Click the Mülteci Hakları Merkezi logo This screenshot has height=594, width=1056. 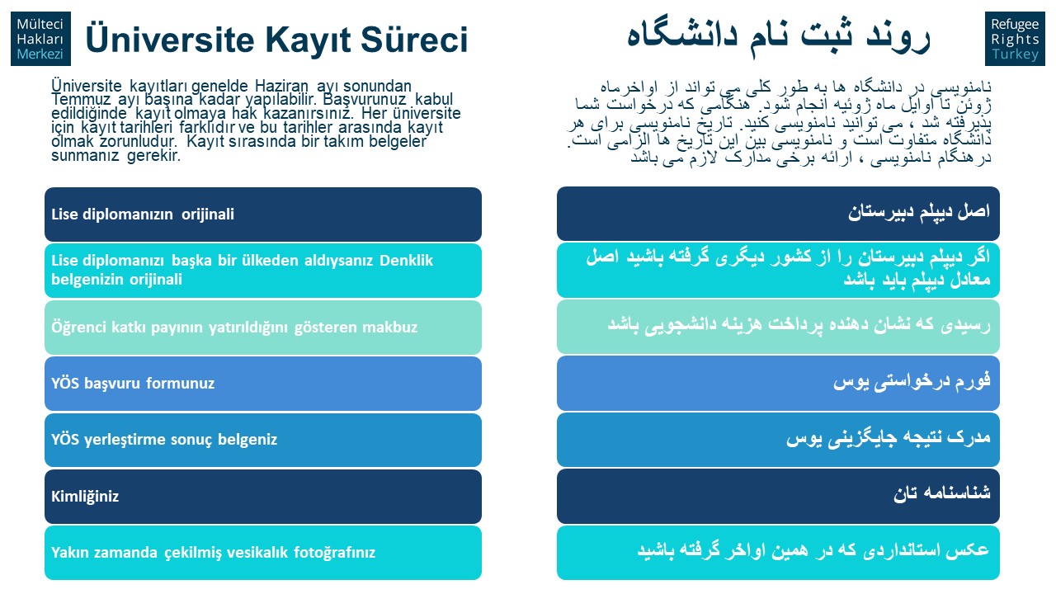[x=41, y=39]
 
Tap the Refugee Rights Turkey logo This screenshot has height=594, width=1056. [x=1015, y=39]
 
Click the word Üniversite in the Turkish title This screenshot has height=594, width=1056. [x=170, y=39]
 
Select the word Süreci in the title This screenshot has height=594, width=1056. [x=414, y=39]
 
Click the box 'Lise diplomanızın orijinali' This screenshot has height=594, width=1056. [x=263, y=214]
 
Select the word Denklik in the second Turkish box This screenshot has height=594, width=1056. [x=406, y=260]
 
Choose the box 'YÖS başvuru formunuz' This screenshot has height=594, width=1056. [x=263, y=384]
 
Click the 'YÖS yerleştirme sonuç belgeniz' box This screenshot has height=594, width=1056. [x=263, y=440]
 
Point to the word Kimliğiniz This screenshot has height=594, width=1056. [x=85, y=497]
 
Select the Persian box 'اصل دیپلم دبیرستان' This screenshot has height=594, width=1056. [x=778, y=214]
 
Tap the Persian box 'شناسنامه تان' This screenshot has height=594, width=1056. [x=778, y=496]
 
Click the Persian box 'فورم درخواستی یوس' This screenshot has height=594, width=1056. [x=778, y=384]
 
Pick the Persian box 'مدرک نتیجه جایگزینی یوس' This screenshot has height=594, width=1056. [x=778, y=440]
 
